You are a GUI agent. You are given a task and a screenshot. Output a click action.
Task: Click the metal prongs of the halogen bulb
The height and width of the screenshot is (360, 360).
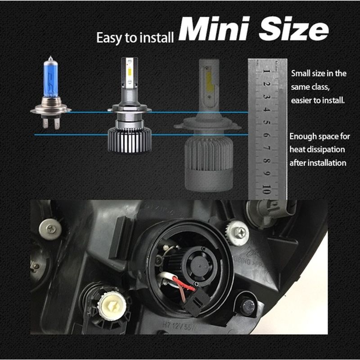click(x=51, y=121)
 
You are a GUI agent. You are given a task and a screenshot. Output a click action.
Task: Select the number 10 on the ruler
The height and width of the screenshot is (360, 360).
click(x=266, y=188)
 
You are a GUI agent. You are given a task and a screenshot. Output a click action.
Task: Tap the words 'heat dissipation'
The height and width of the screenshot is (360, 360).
click(x=317, y=149)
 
